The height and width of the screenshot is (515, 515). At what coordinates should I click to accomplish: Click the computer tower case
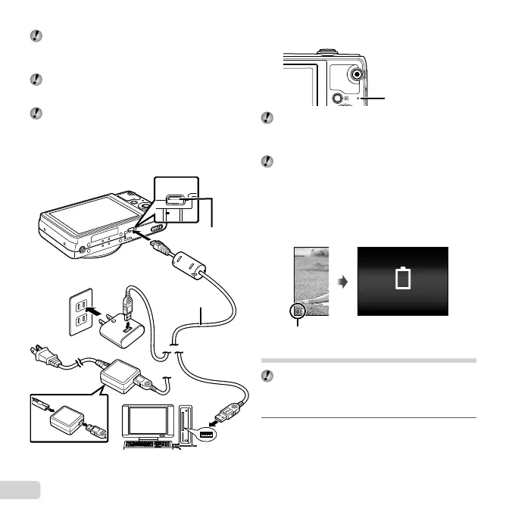pyautogui.click(x=189, y=428)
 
